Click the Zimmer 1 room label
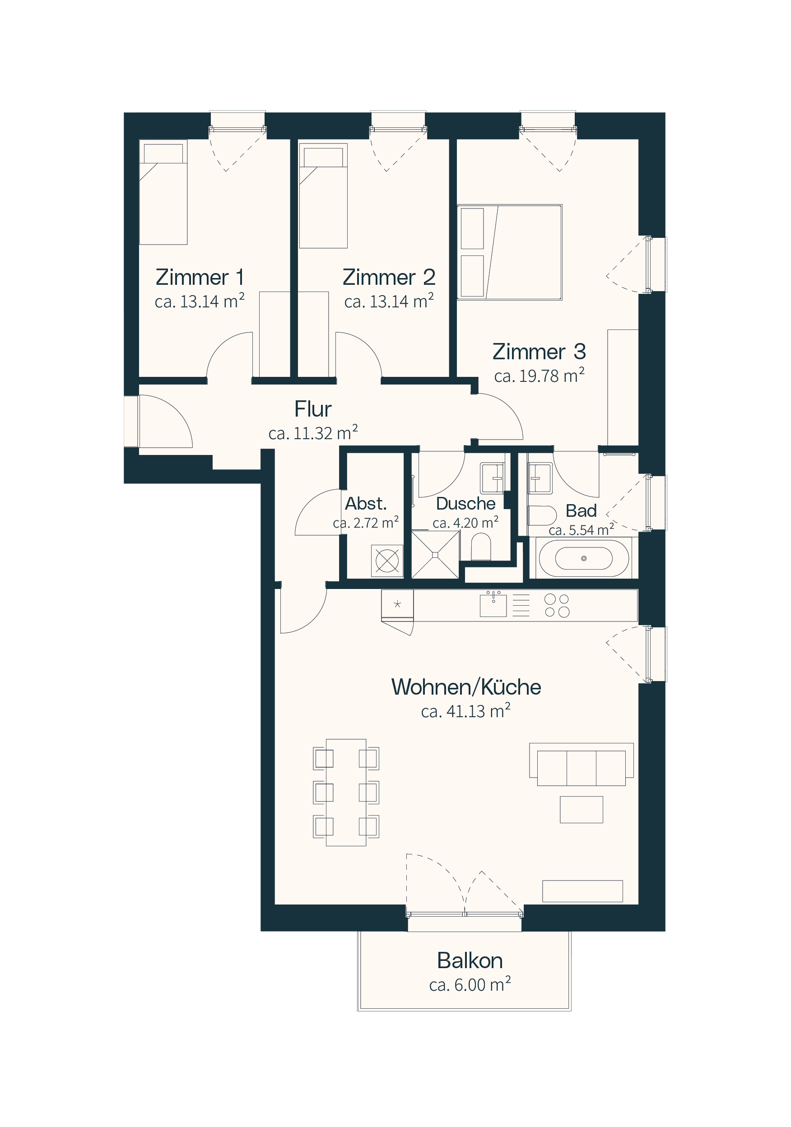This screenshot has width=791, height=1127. pyautogui.click(x=200, y=277)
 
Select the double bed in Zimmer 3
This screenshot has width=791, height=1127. pyautogui.click(x=509, y=252)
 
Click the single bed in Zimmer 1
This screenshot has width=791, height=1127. pyautogui.click(x=163, y=192)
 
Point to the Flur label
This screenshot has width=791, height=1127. pyautogui.click(x=313, y=409)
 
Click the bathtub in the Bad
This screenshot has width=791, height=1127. pyautogui.click(x=583, y=558)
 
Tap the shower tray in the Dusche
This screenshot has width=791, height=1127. pyautogui.click(x=435, y=555)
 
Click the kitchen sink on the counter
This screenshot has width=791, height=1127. pyautogui.click(x=493, y=605)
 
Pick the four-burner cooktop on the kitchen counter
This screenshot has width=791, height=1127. pyautogui.click(x=557, y=605)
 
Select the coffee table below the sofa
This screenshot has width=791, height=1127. pyautogui.click(x=582, y=809)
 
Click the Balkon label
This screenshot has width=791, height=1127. pyautogui.click(x=470, y=960)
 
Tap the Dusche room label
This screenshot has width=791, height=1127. pyautogui.click(x=465, y=504)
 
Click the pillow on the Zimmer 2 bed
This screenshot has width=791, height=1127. pyautogui.click(x=323, y=157)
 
